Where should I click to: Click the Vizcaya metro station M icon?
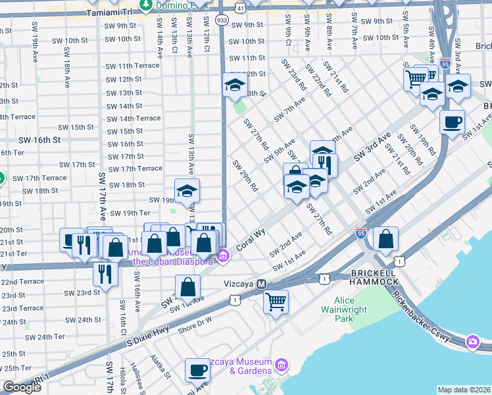click(261, 284)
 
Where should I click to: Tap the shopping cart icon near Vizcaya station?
click(276, 302)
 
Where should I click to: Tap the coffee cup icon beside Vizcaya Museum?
click(197, 370)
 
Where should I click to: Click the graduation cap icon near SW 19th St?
click(187, 191)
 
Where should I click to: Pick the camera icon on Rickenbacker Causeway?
click(473, 340)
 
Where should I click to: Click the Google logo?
click(22, 387)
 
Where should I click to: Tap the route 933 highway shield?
click(224, 20)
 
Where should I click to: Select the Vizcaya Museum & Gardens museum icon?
click(282, 364)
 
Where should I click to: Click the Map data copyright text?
click(463, 390)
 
